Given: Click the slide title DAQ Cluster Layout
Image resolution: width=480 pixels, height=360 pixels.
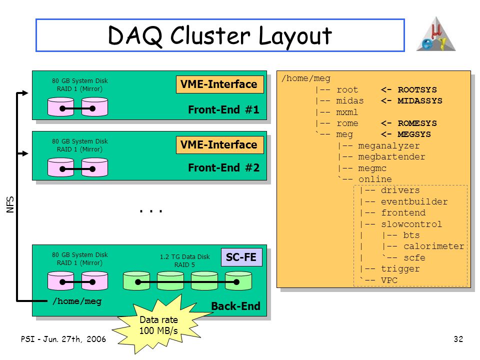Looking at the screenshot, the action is pos(220,35).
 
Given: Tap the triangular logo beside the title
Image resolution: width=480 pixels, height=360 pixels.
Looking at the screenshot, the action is pos(436,34).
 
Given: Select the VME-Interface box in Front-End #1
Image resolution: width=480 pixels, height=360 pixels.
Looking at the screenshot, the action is pos(220,84).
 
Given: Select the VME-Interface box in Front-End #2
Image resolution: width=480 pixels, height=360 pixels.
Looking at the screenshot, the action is pos(220,145).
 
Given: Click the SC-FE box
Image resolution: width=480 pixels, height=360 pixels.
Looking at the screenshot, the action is pos(241,257).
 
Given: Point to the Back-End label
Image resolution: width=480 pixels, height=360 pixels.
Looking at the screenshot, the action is pos(235,306).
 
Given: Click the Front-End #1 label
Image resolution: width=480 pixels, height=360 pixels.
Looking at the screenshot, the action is pos(224,109).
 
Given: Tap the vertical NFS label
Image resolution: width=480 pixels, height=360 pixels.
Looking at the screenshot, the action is pos(10,204).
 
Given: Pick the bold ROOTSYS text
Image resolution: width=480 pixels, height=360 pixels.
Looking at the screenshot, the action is pos(417,89).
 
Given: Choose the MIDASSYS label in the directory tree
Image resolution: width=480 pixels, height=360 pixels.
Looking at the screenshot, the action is pos(420,100).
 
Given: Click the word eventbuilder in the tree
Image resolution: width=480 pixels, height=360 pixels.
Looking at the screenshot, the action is pos(414,201).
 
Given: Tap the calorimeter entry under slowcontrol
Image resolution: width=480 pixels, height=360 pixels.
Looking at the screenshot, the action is pos(434,246).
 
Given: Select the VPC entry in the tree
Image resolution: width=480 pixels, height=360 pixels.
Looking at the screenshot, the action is pos(389,280).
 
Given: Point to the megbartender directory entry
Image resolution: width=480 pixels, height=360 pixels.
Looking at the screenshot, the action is pos(391,156).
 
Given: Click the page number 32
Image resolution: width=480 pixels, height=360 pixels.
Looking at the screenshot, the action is pos(458,339).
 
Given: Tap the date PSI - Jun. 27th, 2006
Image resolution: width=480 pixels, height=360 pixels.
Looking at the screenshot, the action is pos(63,339).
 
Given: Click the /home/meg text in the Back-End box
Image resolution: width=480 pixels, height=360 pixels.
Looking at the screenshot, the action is pos(77,301).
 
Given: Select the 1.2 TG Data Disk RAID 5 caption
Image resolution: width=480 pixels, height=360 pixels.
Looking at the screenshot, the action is pos(184,261).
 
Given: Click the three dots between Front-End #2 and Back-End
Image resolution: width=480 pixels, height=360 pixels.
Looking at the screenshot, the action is pos(151,211).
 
